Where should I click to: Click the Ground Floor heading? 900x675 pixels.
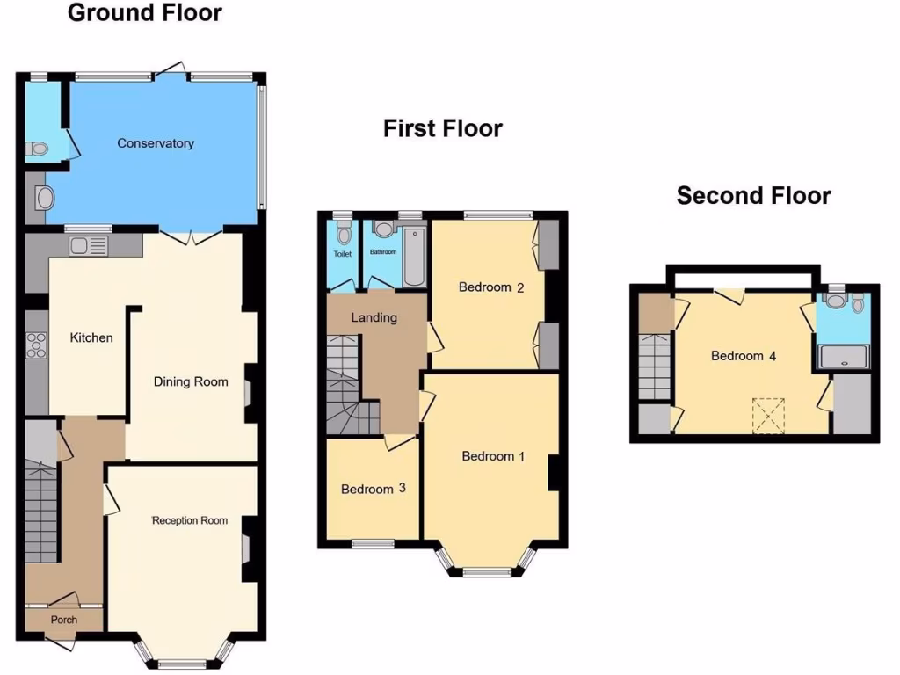pyautogui.click(x=144, y=13)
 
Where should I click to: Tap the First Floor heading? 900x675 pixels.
pyautogui.click(x=442, y=128)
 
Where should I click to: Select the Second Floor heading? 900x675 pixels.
pyautogui.click(x=753, y=195)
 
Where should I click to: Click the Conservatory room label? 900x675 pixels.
pyautogui.click(x=156, y=142)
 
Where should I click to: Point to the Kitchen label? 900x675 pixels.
pyautogui.click(x=91, y=337)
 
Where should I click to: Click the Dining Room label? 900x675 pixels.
pyautogui.click(x=191, y=381)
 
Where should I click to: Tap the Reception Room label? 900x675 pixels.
pyautogui.click(x=190, y=520)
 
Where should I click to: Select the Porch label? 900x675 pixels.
pyautogui.click(x=63, y=620)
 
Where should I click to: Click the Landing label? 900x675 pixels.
pyautogui.click(x=374, y=317)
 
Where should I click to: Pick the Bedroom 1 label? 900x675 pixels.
pyautogui.click(x=493, y=456)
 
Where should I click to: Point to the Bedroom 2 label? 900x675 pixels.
pyautogui.click(x=491, y=287)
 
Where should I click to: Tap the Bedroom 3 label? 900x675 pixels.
pyautogui.click(x=367, y=489)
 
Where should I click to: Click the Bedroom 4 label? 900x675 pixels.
pyautogui.click(x=744, y=356)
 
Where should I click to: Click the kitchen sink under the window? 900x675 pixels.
pyautogui.click(x=87, y=243)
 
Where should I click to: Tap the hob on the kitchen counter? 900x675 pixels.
pyautogui.click(x=37, y=345)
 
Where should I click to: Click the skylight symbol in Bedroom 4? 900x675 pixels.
pyautogui.click(x=770, y=415)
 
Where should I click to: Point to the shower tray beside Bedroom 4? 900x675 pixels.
pyautogui.click(x=842, y=355)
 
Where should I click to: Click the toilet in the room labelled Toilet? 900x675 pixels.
pyautogui.click(x=343, y=233)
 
